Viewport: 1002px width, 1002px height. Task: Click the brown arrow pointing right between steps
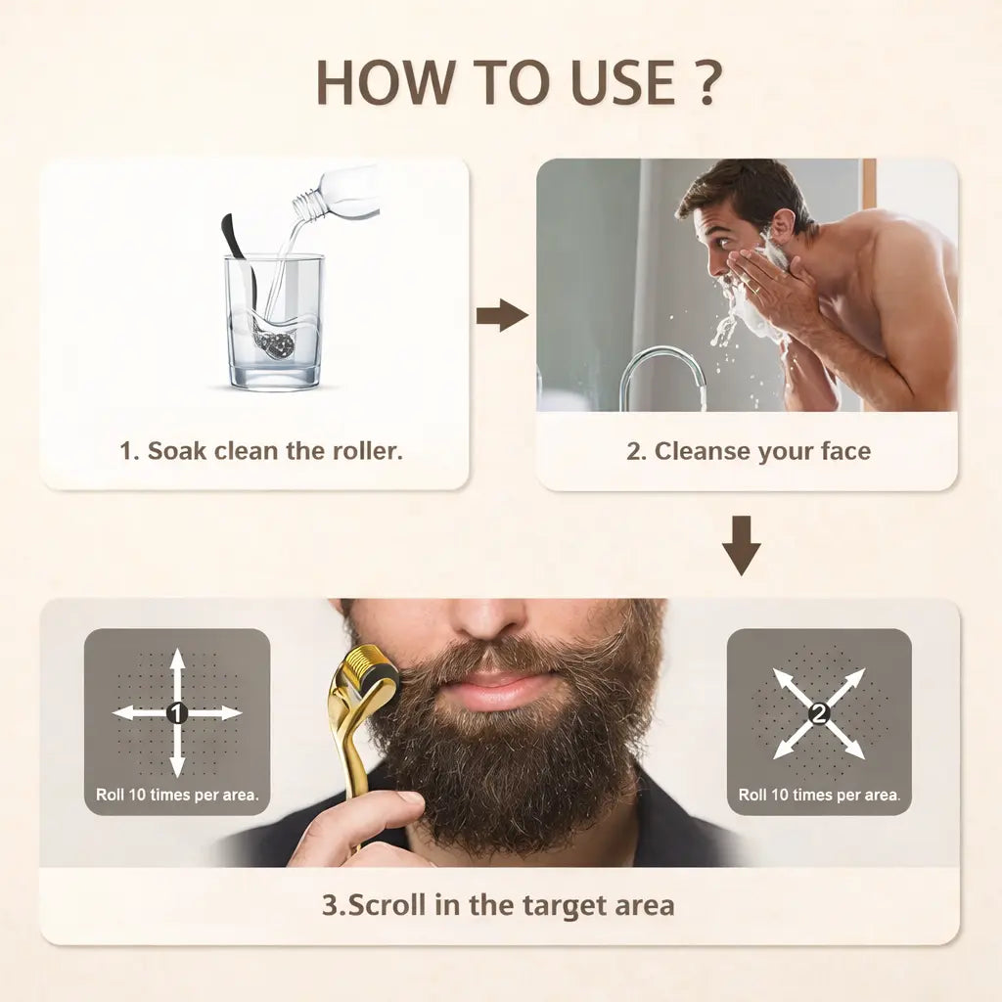502,315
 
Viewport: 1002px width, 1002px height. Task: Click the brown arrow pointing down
741,544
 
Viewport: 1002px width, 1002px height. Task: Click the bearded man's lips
498,689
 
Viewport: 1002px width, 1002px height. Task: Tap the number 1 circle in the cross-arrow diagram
177,713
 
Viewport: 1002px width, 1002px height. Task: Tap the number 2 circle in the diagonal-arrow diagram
819,713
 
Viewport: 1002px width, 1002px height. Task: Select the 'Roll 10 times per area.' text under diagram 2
819,795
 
